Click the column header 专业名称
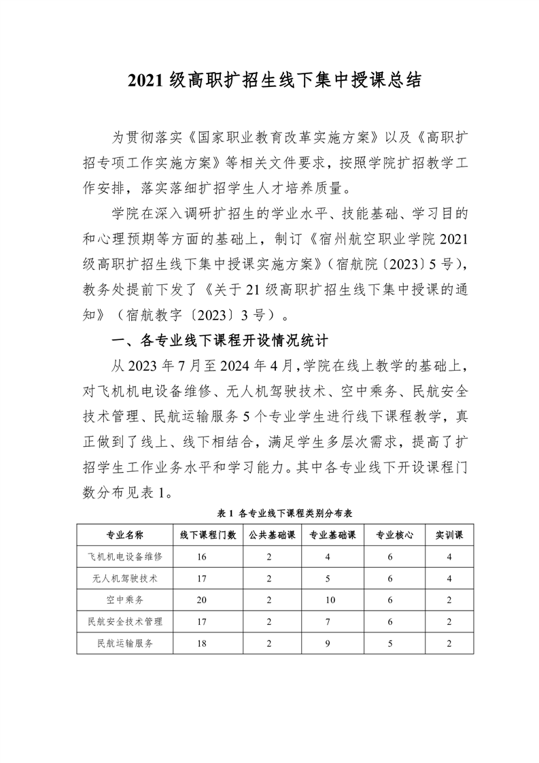click(x=124, y=535)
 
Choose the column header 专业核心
click(x=395, y=535)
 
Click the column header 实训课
click(x=449, y=535)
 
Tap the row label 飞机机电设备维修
click(x=124, y=556)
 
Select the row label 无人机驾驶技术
click(x=124, y=578)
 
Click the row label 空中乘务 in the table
click(x=124, y=600)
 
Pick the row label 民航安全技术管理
click(x=124, y=622)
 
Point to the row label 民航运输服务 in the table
click(x=124, y=643)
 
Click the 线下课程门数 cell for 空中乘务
click(x=202, y=600)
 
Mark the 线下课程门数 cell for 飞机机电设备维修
click(x=202, y=556)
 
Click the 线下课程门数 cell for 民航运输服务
click(x=202, y=643)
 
